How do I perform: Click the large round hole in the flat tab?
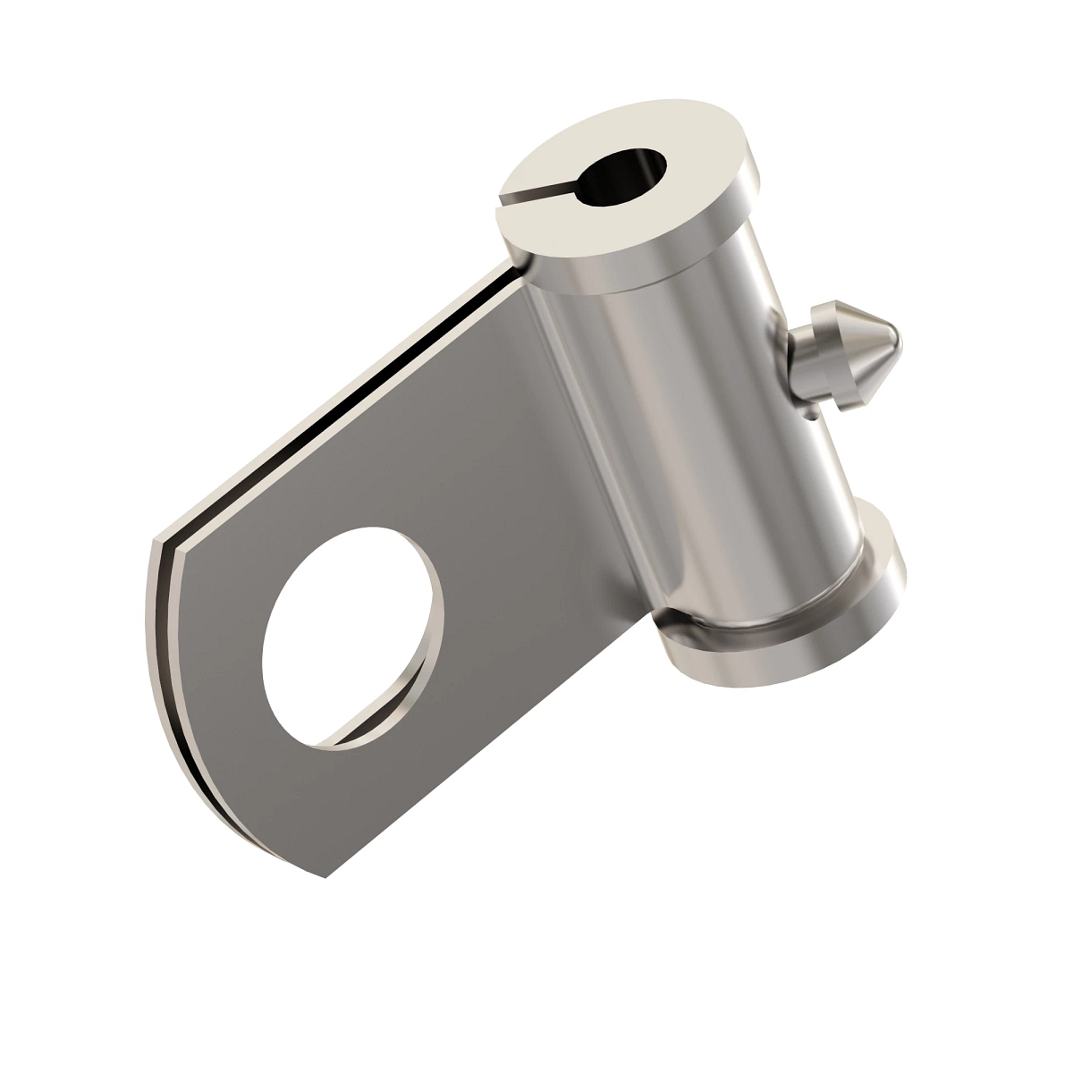(x=353, y=635)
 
